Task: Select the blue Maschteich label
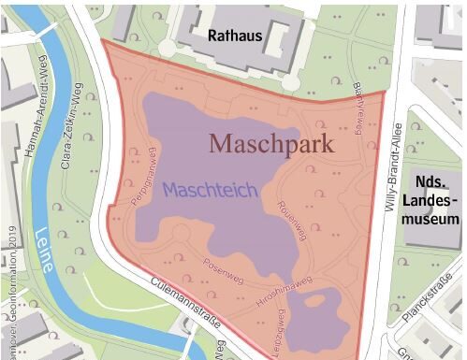[x=210, y=189]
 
